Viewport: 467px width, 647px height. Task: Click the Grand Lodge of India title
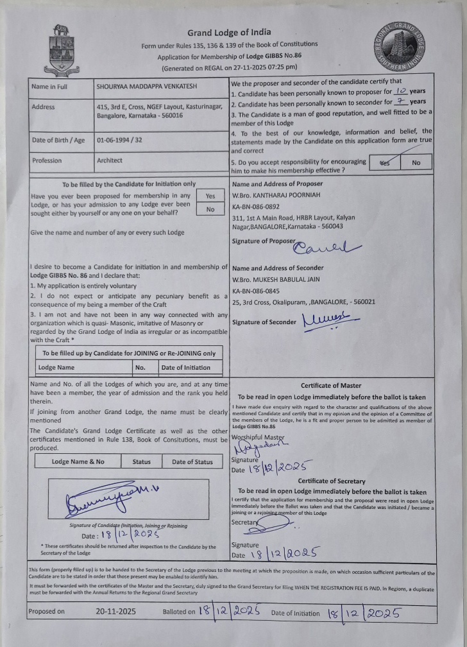click(228, 32)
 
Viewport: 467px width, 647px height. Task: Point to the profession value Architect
click(109, 160)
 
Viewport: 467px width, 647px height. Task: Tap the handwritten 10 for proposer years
click(399, 91)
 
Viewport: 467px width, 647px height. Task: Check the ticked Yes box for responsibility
click(385, 163)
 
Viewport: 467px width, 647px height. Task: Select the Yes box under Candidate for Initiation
click(210, 196)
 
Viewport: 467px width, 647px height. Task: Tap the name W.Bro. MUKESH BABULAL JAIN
click(276, 279)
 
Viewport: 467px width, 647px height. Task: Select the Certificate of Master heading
click(333, 386)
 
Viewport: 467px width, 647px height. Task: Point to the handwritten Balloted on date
click(228, 611)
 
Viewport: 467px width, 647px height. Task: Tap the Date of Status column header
click(191, 462)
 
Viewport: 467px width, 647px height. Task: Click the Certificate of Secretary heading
click(331, 481)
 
